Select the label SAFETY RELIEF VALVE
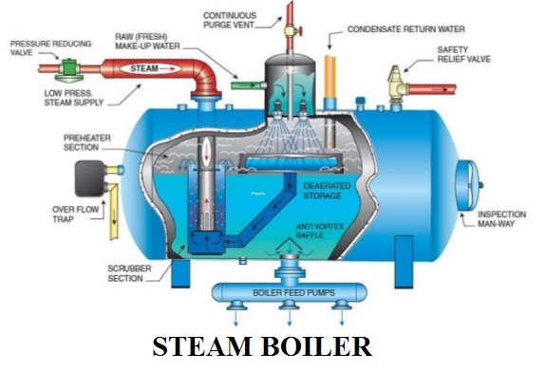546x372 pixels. click(x=466, y=54)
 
